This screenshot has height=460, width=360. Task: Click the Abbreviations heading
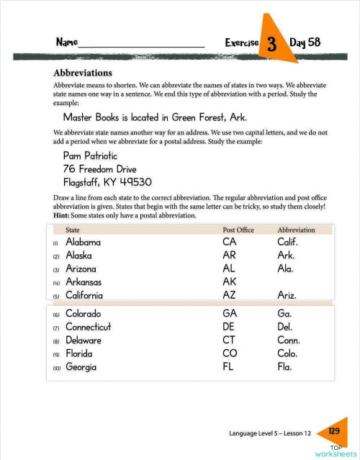(x=82, y=73)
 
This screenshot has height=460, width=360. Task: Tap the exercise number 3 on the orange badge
(x=272, y=44)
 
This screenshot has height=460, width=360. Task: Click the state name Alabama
(x=83, y=243)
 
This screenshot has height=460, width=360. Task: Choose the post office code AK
(x=230, y=282)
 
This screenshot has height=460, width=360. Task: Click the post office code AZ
(x=230, y=295)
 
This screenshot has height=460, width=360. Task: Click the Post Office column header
(x=238, y=230)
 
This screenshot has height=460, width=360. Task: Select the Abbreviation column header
(x=296, y=230)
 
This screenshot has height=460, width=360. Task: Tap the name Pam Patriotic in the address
(x=90, y=156)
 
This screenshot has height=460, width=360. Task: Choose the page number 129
(x=334, y=430)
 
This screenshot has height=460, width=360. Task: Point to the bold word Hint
(x=62, y=215)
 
